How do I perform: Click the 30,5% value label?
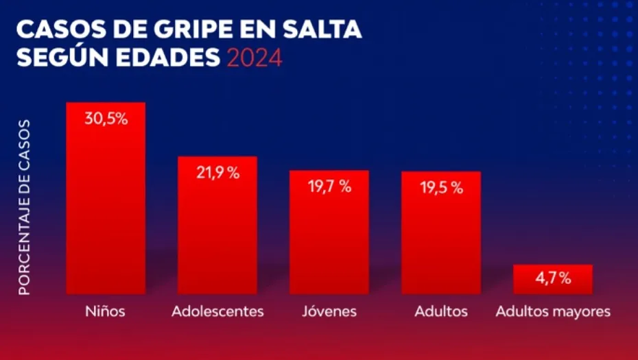(106, 118)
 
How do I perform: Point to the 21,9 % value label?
(217, 173)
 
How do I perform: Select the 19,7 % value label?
(329, 187)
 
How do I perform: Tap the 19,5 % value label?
(441, 188)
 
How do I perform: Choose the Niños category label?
(105, 311)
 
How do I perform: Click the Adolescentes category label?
(217, 311)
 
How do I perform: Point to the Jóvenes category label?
(329, 311)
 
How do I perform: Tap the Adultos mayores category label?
(553, 311)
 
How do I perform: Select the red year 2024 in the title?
(254, 58)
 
